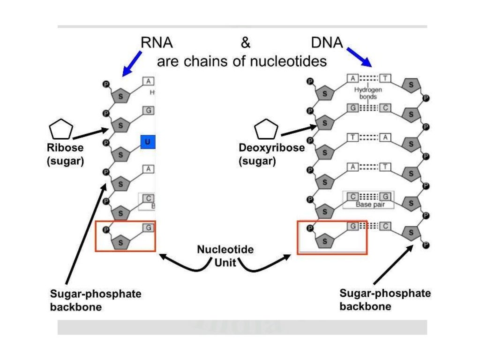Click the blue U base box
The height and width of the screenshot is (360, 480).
click(x=148, y=142)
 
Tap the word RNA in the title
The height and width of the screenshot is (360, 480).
click(x=157, y=43)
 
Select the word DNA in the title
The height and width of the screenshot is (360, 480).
click(x=327, y=43)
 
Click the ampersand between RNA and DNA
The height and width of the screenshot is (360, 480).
click(x=246, y=43)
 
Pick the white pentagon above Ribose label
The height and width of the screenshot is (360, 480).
click(x=61, y=130)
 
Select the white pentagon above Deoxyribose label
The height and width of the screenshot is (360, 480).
click(x=266, y=130)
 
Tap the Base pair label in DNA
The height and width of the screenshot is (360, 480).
click(x=368, y=205)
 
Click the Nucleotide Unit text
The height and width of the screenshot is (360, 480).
click(x=225, y=255)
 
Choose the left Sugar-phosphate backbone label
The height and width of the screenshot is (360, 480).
click(x=96, y=300)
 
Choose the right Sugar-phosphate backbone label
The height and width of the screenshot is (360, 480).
click(x=385, y=300)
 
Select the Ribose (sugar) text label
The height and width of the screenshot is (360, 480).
click(x=65, y=154)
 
